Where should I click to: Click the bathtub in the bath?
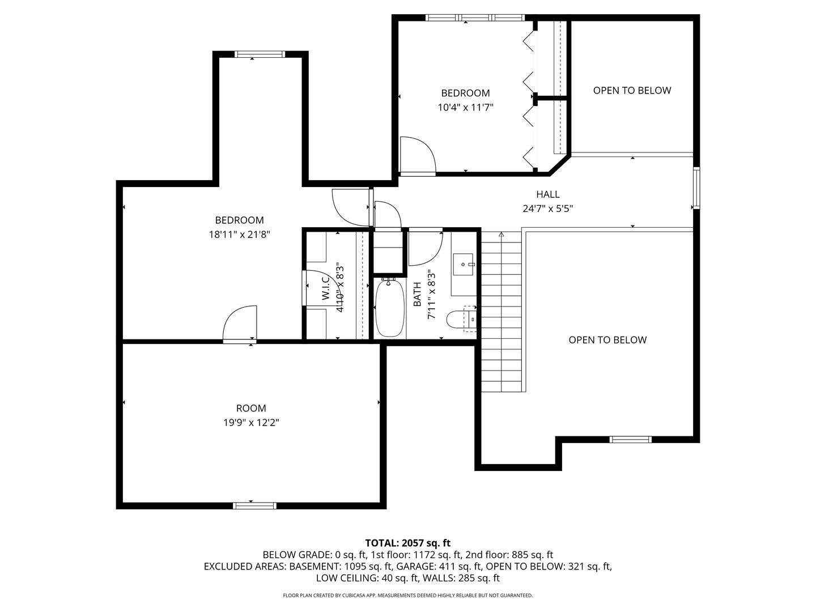pos(390,308)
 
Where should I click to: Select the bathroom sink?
pos(464,264)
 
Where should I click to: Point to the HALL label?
pos(547,194)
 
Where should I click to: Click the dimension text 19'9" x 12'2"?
pos(251,422)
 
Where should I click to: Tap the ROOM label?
pos(251,408)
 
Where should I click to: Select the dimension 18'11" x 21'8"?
pos(239,234)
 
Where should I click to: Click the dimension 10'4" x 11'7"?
pos(465,107)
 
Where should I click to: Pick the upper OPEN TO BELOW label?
pos(632,91)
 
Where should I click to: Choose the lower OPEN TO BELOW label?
pos(607,340)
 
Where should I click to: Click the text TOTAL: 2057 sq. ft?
pos(407,543)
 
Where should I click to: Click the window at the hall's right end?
pos(696,188)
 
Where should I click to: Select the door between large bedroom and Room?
pos(240,325)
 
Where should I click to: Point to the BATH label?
pos(417,295)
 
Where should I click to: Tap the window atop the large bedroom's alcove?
pos(259,54)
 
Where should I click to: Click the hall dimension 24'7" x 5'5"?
pos(547,209)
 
